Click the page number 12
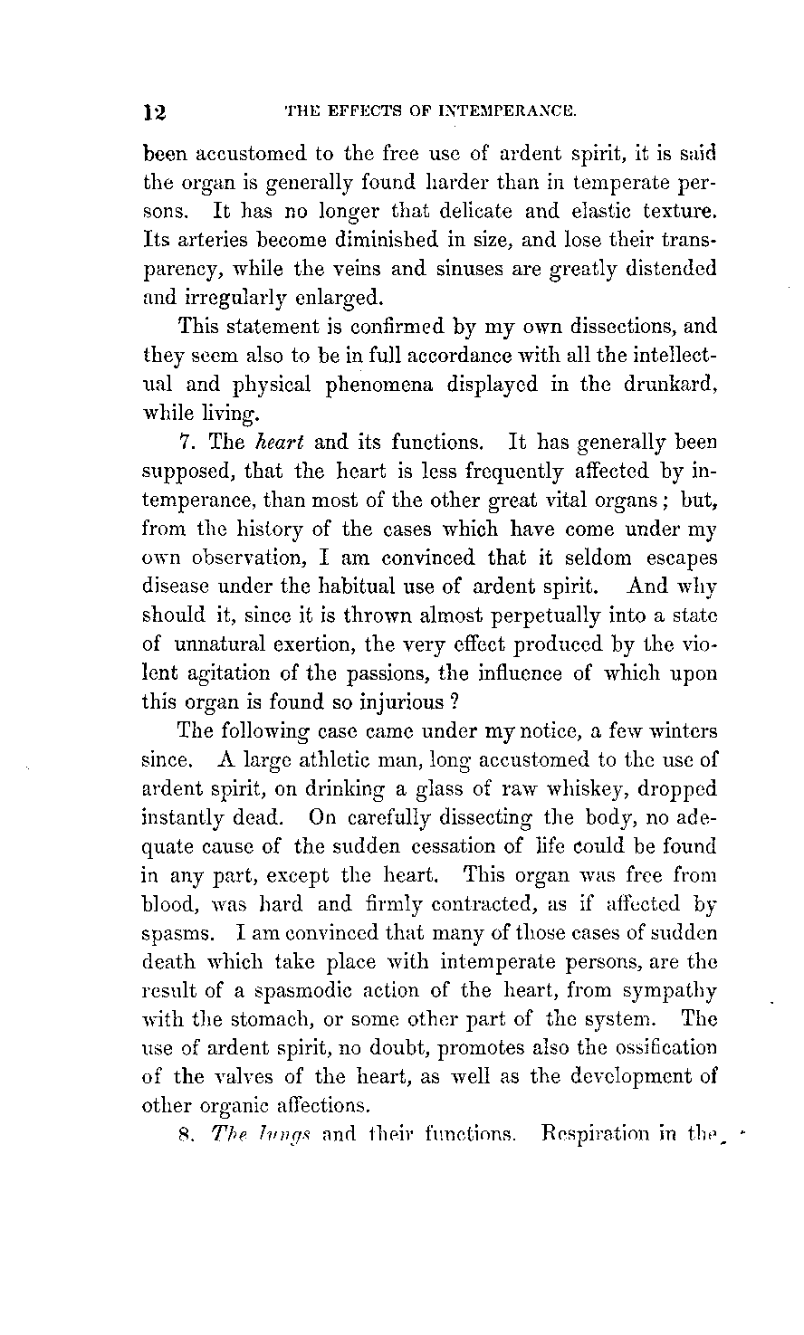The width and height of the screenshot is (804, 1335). click(x=155, y=112)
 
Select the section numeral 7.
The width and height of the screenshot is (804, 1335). click(x=187, y=443)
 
